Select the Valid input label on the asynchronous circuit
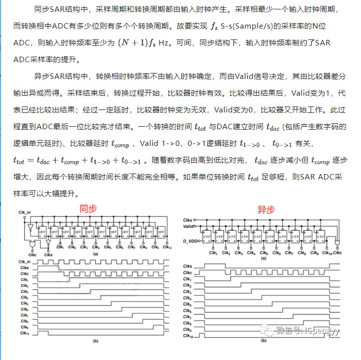pyautogui.click(x=187, y=225)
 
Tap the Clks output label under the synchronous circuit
pyautogui.click(x=48, y=255)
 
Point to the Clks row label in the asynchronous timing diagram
pyautogui.click(x=187, y=266)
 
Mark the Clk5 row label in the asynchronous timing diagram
pyautogui.click(x=187, y=304)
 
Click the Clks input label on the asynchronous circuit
pyautogui.click(x=187, y=219)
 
